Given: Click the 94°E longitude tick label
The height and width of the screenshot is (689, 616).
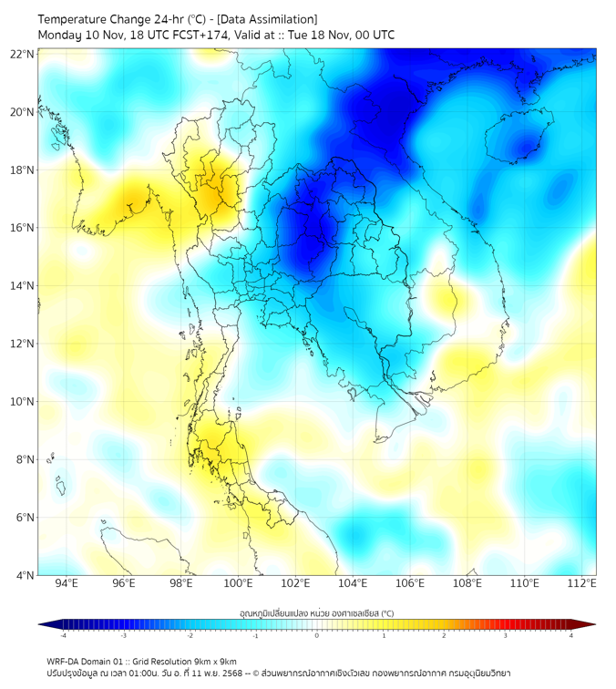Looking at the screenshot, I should (x=67, y=583).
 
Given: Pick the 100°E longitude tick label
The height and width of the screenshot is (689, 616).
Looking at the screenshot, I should (x=238, y=583).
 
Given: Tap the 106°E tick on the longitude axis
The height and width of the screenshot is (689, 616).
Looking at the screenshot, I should (x=410, y=583).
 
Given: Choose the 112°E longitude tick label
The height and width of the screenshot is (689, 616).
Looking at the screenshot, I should (x=581, y=583).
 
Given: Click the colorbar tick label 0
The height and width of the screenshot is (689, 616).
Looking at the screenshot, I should (x=317, y=635).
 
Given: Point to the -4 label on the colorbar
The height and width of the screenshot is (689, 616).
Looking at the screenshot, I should (x=62, y=635).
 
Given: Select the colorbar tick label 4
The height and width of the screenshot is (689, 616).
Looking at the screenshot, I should (x=571, y=635).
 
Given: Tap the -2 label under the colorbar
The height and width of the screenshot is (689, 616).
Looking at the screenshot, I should (x=189, y=635).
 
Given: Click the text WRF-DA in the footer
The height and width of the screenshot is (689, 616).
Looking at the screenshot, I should (x=64, y=661).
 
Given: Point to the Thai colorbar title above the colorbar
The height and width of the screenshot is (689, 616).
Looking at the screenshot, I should (x=316, y=613).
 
